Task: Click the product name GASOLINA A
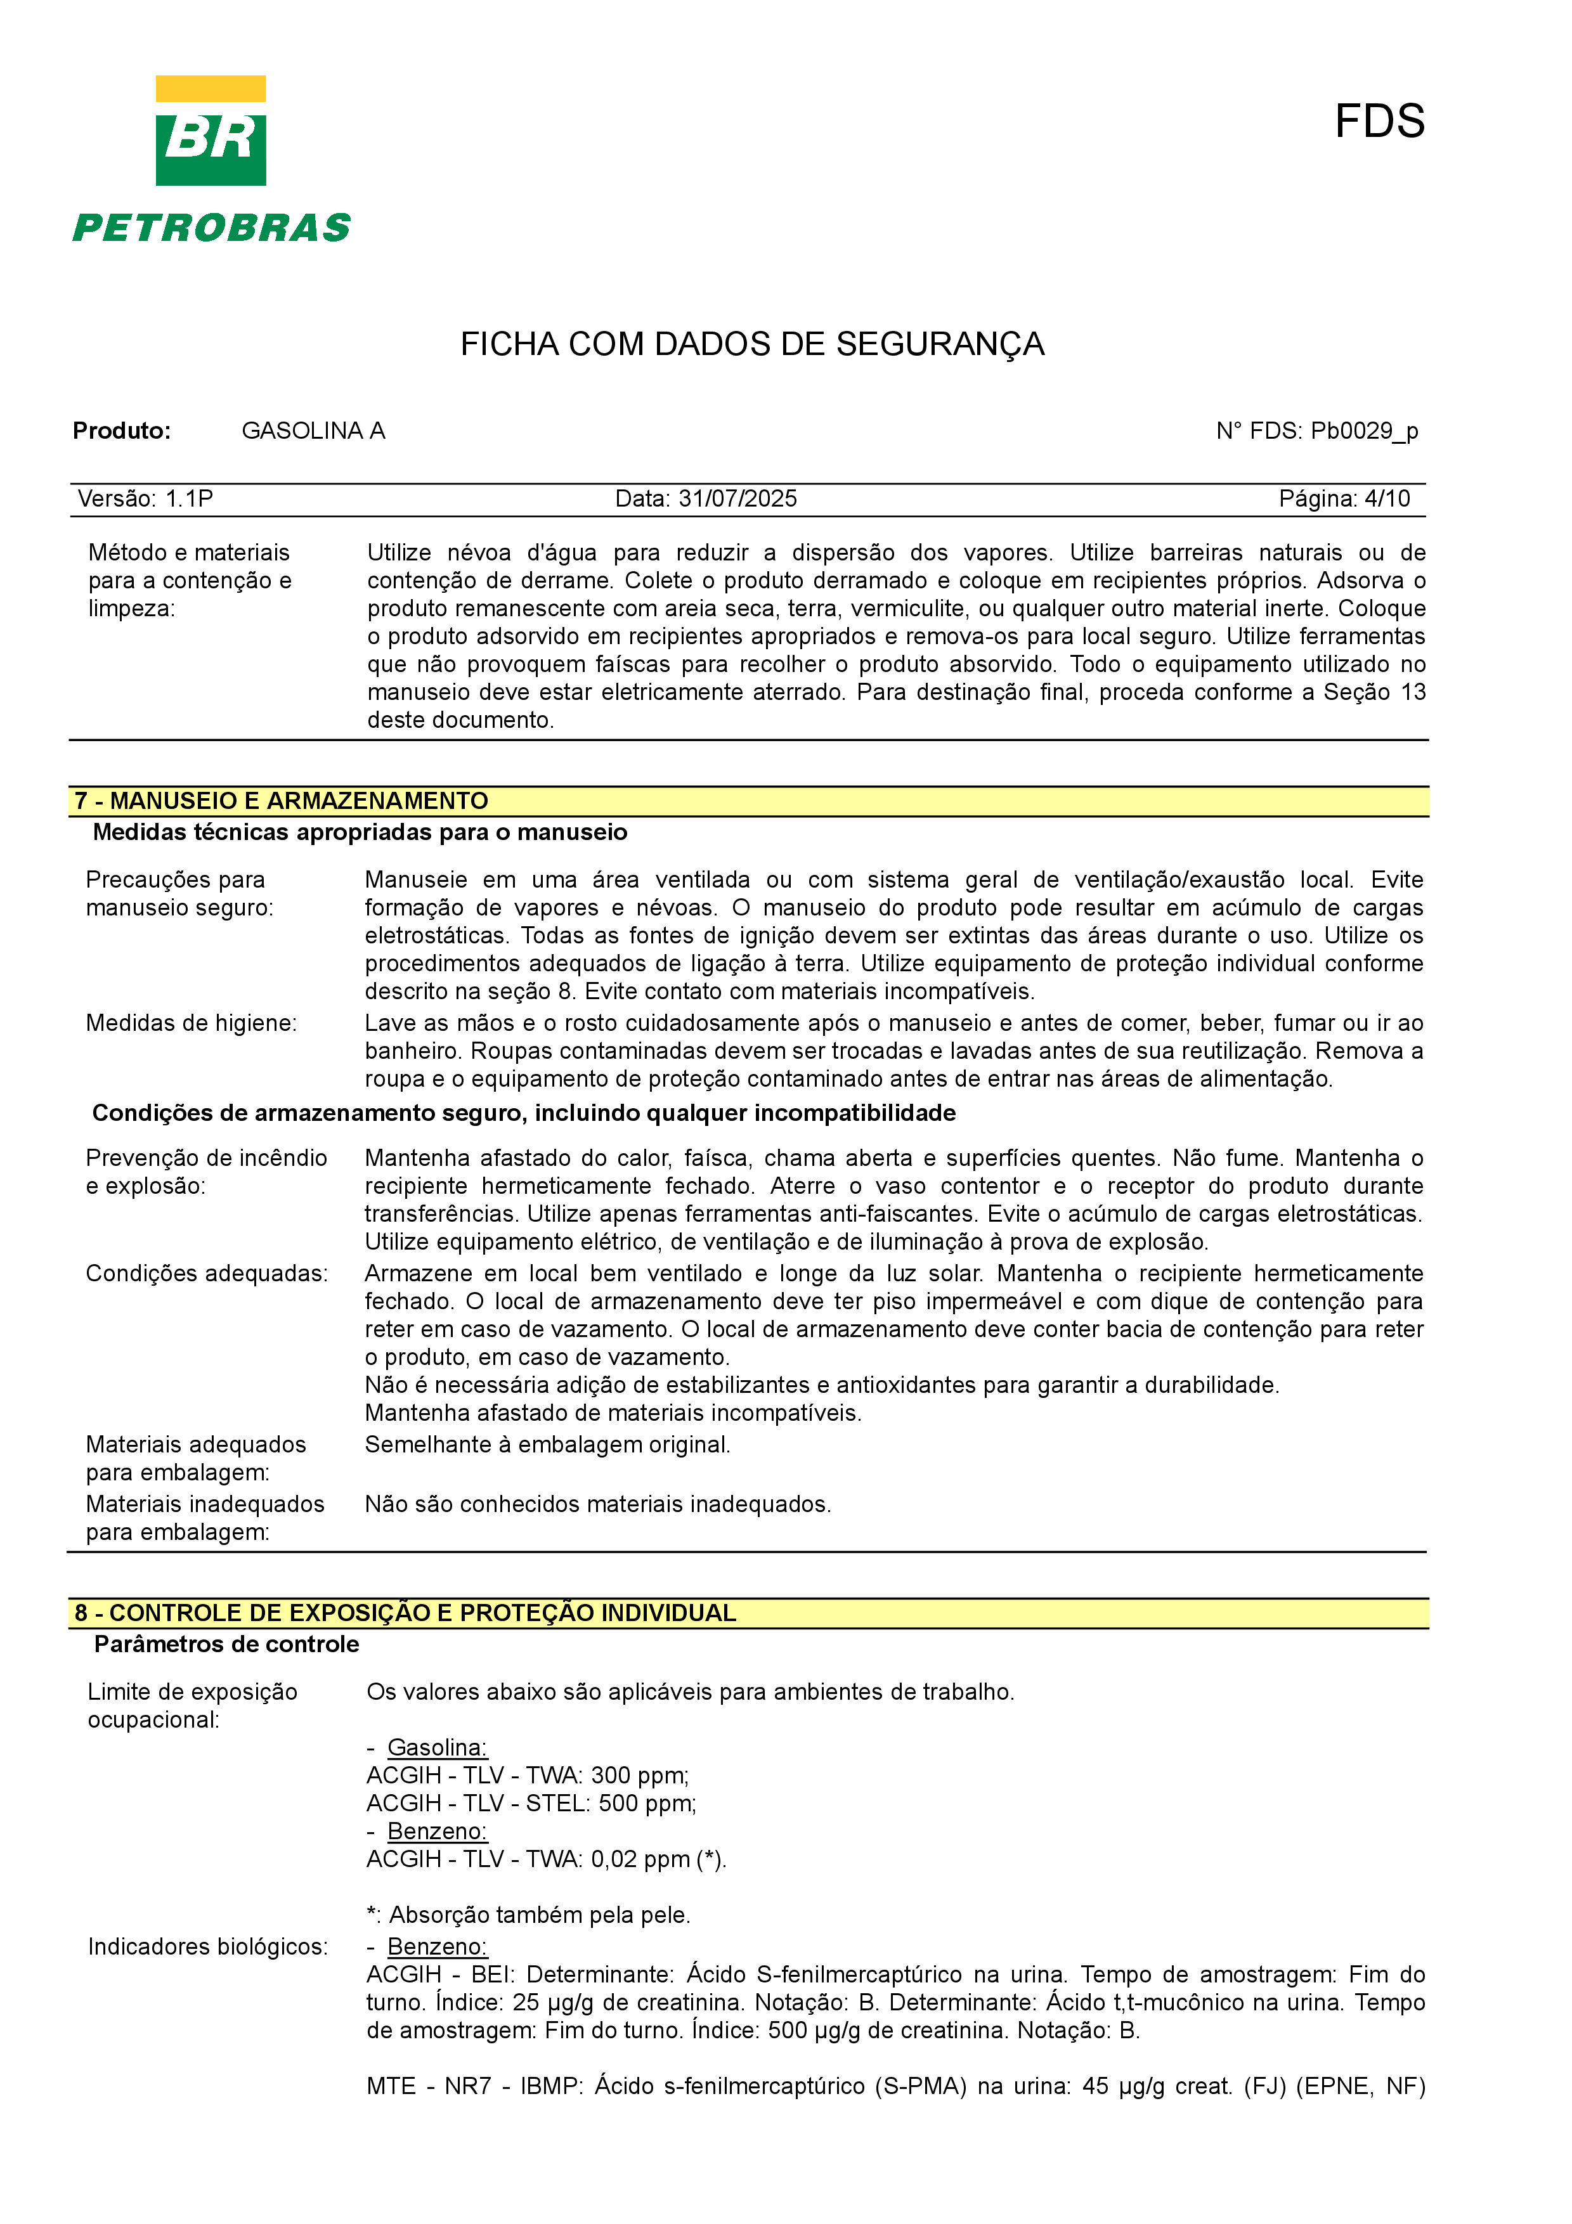[x=313, y=431]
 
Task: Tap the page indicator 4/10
[x=1387, y=499]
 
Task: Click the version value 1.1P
[x=189, y=499]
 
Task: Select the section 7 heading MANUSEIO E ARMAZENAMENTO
[x=281, y=801]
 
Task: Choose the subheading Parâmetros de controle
[x=226, y=1645]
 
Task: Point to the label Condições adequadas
[x=206, y=1274]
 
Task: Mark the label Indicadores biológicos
[x=207, y=1947]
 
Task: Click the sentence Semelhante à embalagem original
[x=547, y=1445]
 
